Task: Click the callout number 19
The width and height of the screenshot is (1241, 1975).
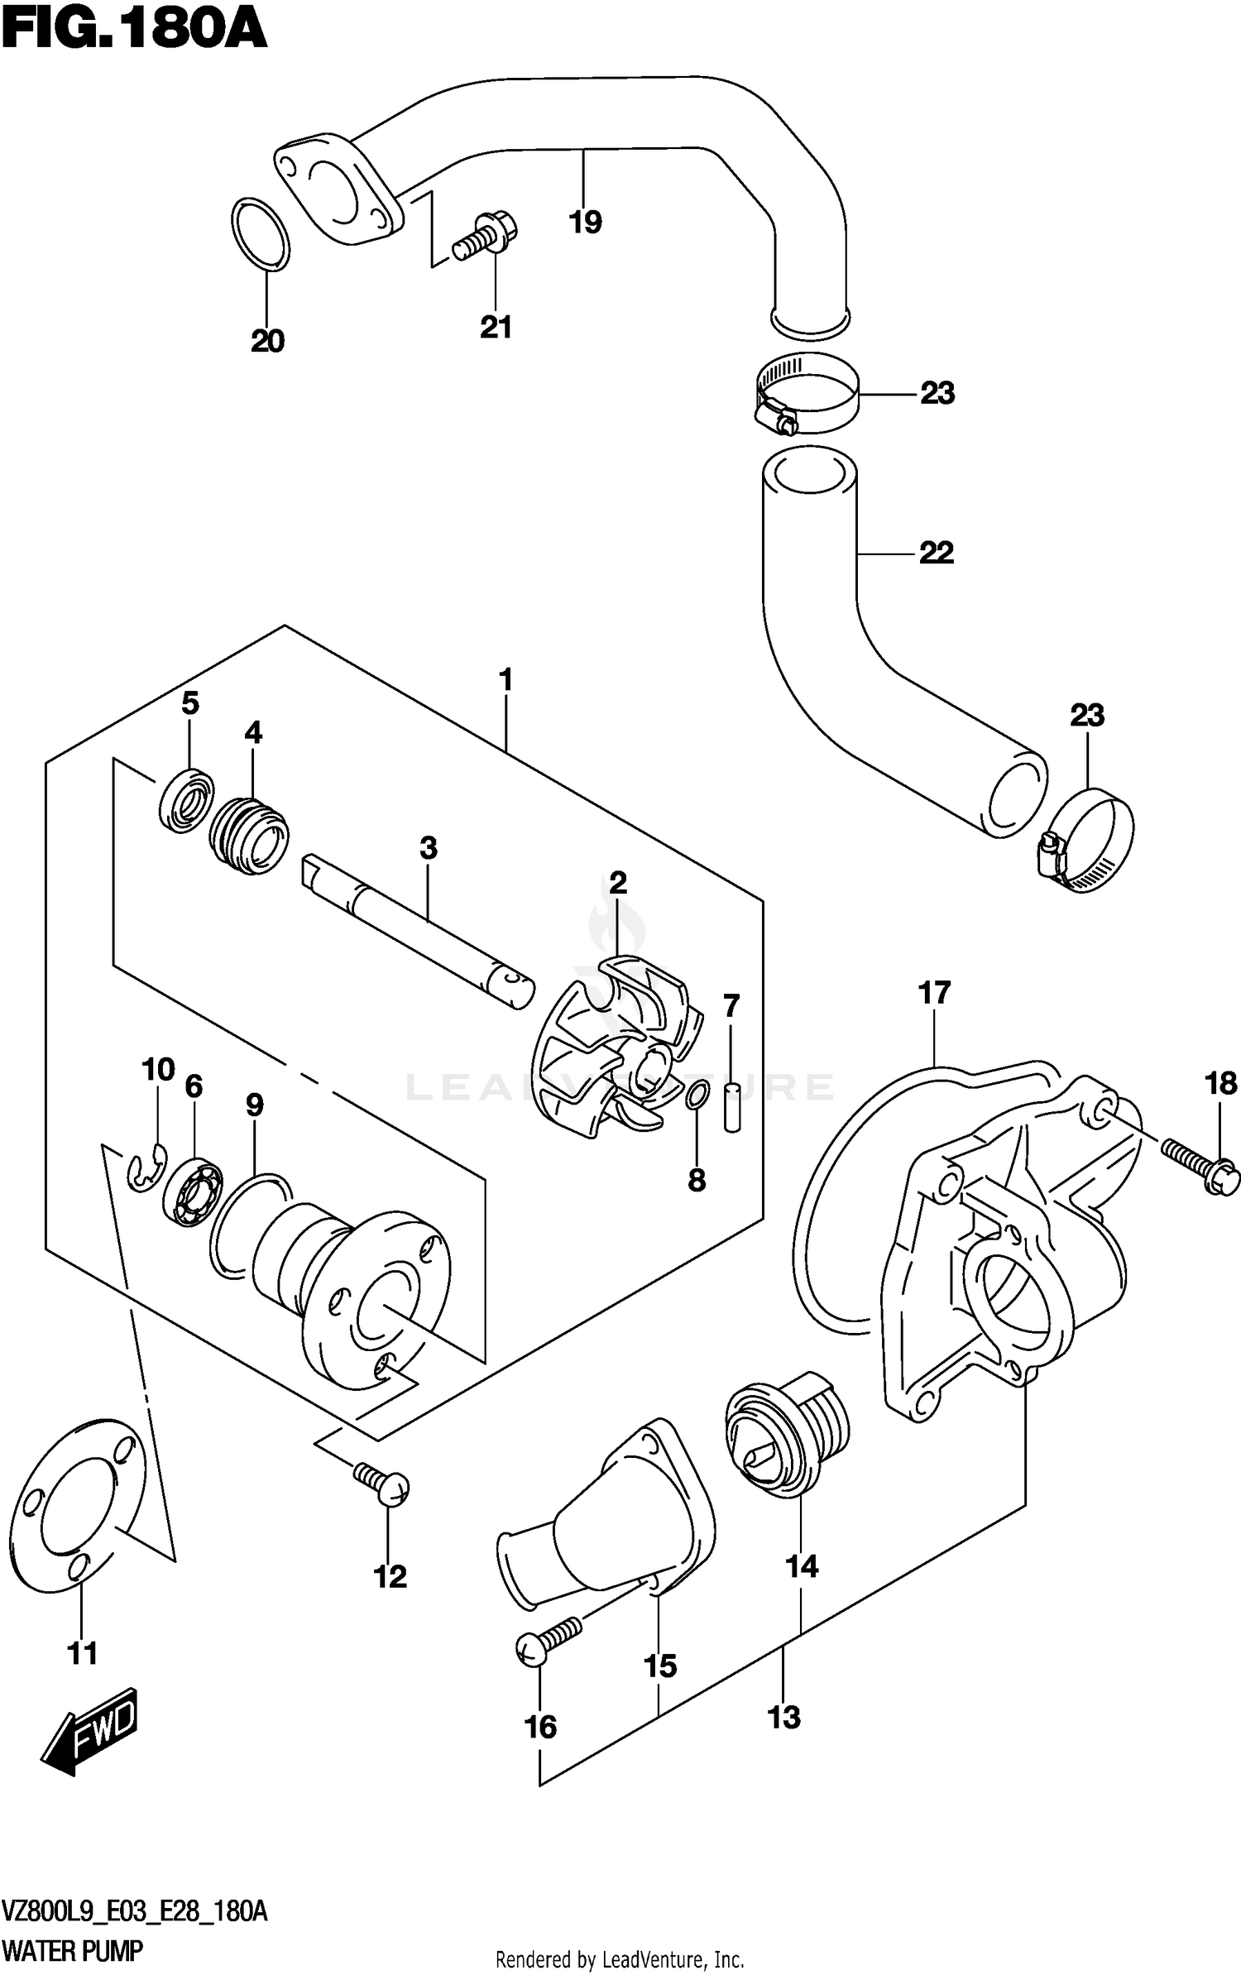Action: (x=586, y=222)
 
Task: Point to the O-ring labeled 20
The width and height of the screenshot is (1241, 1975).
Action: (x=261, y=233)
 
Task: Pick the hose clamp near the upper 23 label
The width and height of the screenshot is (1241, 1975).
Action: (x=807, y=393)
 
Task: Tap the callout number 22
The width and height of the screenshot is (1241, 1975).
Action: (x=937, y=552)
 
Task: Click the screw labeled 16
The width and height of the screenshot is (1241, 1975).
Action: (x=546, y=1639)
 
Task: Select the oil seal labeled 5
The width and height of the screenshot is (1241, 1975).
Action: (x=186, y=798)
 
